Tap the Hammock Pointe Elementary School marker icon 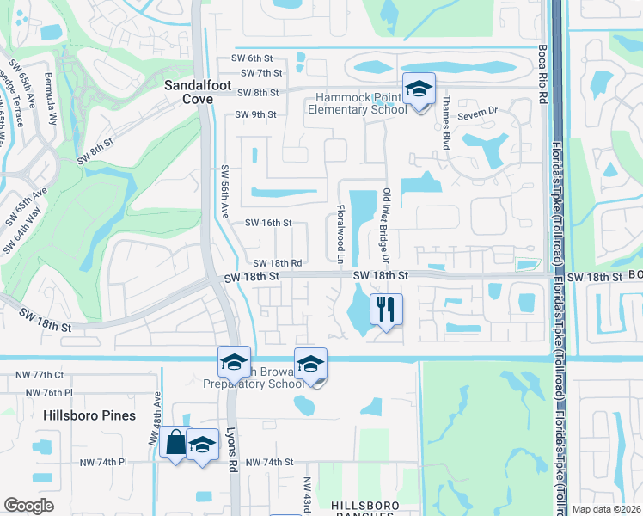[x=419, y=90]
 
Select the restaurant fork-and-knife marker [x=386, y=308]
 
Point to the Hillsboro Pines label [x=89, y=415]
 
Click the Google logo [x=28, y=506]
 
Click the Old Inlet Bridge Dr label [x=387, y=225]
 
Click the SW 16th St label [x=269, y=223]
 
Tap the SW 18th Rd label [x=277, y=263]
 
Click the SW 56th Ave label [x=224, y=192]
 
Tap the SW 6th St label [x=251, y=58]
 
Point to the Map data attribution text [x=606, y=509]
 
